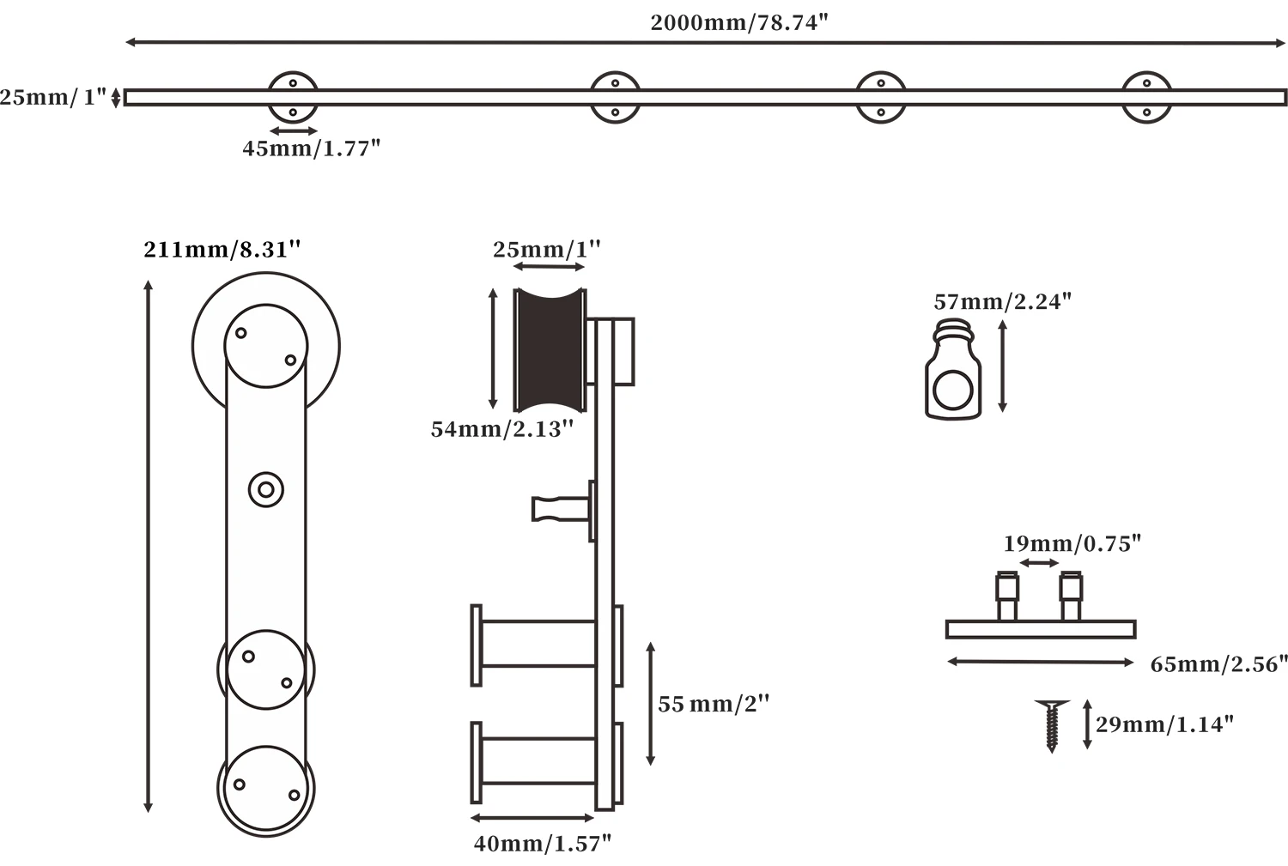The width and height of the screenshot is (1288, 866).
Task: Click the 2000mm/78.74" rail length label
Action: tap(738, 23)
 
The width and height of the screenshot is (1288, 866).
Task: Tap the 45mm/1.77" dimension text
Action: tap(311, 148)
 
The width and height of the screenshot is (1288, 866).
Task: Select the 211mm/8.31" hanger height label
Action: tap(222, 250)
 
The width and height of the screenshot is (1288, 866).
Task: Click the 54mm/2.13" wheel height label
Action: tap(501, 429)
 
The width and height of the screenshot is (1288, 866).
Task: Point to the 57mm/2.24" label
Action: tap(1002, 301)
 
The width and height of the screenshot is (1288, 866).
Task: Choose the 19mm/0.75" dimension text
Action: tap(1072, 543)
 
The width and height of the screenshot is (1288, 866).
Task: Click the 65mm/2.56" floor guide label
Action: tap(1218, 664)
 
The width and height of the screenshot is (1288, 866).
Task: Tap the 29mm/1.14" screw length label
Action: tap(1163, 724)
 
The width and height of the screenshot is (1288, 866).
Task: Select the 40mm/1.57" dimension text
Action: tap(542, 844)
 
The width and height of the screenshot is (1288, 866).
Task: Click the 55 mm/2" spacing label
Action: tap(713, 704)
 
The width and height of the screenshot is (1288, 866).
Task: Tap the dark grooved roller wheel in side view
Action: tap(550, 349)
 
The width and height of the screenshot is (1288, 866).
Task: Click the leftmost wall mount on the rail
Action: tap(293, 98)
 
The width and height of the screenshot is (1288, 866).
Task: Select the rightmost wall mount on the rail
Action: tap(1147, 98)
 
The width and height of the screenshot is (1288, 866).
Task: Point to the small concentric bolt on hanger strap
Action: tap(266, 490)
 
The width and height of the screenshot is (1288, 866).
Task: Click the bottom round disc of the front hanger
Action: tap(266, 789)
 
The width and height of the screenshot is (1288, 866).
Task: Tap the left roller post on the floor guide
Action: tap(1006, 596)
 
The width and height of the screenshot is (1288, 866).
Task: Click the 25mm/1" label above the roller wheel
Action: tap(546, 250)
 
